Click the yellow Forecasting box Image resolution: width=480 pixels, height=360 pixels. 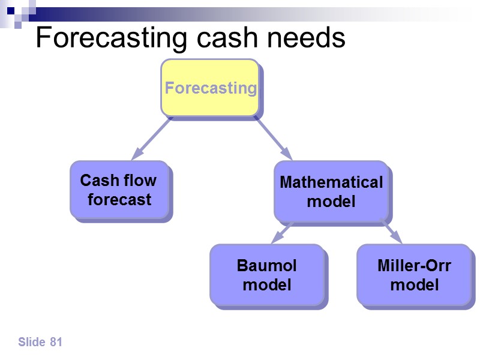pos(210,88)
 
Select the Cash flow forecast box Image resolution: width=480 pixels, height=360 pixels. pos(119,190)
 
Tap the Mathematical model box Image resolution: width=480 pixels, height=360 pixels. pos(331,191)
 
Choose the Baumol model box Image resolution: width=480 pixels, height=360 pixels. pos(267,274)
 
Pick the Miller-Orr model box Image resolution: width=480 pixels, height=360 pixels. pos(414,274)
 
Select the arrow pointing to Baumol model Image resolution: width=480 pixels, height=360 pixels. pos(282,232)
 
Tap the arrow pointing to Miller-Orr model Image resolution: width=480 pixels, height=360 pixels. pos(391,232)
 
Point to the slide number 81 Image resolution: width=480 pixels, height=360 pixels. pos(56,342)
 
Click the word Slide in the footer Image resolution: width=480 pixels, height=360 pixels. pos(32,342)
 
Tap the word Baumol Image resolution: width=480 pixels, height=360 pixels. pos(267,265)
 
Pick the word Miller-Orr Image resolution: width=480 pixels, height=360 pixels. pos(414,265)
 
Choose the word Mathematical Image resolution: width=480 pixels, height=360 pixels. pos(331,182)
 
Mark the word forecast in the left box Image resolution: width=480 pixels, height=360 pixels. pos(119,199)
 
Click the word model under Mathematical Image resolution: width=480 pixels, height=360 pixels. pos(331,201)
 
